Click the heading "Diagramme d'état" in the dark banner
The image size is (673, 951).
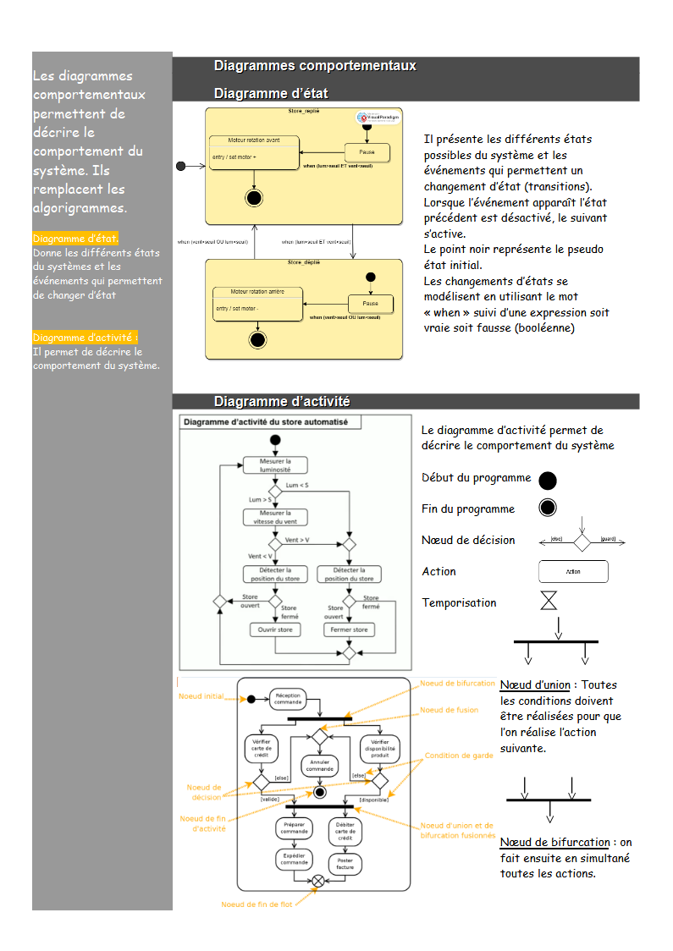click(271, 93)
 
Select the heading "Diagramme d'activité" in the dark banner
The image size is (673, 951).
click(282, 401)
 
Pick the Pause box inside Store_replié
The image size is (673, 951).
click(367, 152)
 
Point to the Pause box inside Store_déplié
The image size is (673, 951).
click(370, 303)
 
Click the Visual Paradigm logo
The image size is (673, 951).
click(378, 118)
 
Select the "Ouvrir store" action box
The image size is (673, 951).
click(275, 629)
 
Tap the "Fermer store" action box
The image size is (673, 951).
click(349, 629)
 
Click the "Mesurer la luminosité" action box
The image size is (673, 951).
click(275, 465)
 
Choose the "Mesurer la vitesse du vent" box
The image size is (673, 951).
click(275, 517)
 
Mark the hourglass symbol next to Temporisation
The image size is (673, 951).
click(549, 602)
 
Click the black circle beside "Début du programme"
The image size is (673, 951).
click(548, 481)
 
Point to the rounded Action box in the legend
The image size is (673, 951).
click(573, 571)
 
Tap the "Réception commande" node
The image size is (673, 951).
click(288, 698)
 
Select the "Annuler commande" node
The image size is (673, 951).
click(319, 765)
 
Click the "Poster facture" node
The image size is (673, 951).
click(345, 863)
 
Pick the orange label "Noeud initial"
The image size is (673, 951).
click(201, 696)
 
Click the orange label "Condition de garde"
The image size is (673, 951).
click(459, 756)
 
